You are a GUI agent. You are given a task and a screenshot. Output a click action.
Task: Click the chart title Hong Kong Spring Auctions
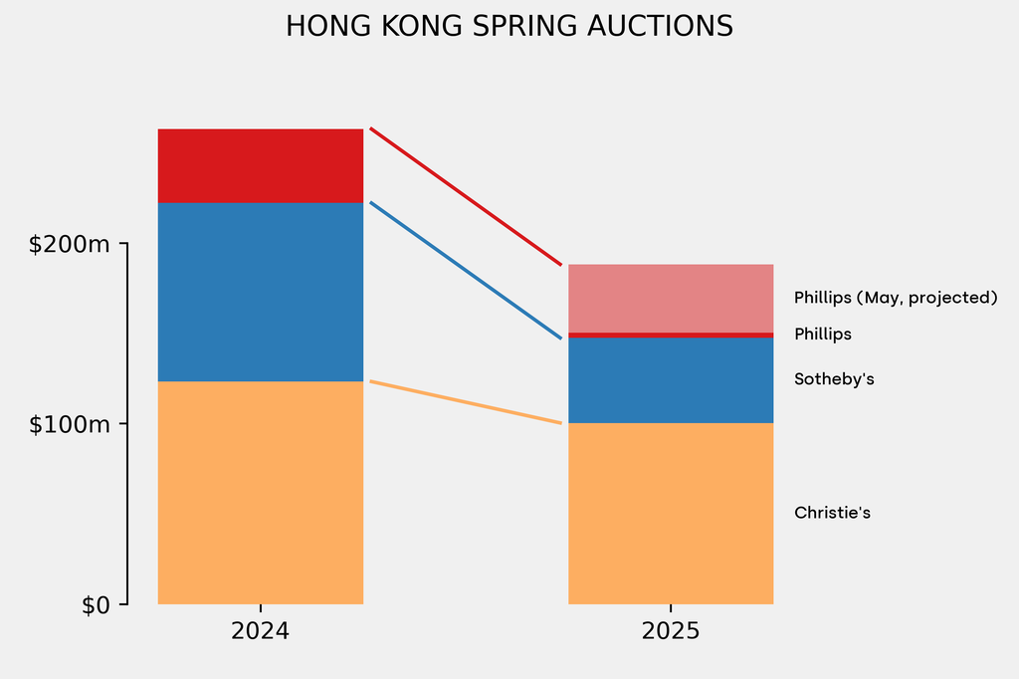[x=509, y=27]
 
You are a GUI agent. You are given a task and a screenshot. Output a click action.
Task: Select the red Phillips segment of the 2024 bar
[x=261, y=165]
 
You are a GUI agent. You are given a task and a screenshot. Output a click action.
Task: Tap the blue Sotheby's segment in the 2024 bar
[x=261, y=292]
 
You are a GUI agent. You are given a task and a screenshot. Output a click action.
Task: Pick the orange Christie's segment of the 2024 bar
[x=261, y=492]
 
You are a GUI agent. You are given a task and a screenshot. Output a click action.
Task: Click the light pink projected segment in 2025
[x=670, y=298]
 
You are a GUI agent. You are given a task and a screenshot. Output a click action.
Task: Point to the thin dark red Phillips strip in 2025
[x=670, y=335]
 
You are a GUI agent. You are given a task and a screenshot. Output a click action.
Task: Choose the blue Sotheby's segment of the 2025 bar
[x=670, y=380]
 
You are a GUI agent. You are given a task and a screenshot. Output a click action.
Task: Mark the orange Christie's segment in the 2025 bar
[x=670, y=513]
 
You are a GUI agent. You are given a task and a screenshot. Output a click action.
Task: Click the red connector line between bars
[x=466, y=197]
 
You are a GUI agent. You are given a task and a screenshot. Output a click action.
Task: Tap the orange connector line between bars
[x=466, y=402]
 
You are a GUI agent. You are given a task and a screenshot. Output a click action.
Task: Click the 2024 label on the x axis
[x=261, y=631]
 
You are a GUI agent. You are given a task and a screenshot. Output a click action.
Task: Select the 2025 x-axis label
[x=670, y=631]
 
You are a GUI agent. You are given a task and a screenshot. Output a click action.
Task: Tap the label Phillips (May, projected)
[x=895, y=298]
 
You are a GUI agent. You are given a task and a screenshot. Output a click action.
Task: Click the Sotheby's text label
[x=834, y=379]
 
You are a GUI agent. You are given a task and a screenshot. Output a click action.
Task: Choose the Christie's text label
[x=832, y=513]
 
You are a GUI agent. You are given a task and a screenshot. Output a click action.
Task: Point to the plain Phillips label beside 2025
[x=822, y=335]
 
